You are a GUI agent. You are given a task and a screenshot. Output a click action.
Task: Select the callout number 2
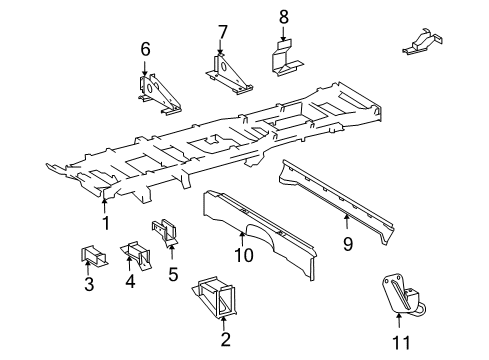226,339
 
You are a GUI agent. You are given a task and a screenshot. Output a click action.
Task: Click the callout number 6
145,48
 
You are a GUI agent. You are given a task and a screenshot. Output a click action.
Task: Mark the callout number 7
222,30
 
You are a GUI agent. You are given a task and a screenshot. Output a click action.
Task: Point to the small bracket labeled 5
165,233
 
